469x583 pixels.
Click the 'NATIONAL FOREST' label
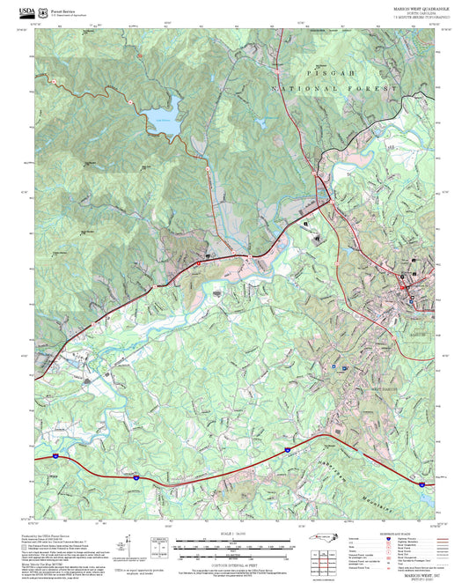[310, 90]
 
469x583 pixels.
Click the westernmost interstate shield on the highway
[55, 456]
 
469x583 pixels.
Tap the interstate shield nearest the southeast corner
[400, 481]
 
